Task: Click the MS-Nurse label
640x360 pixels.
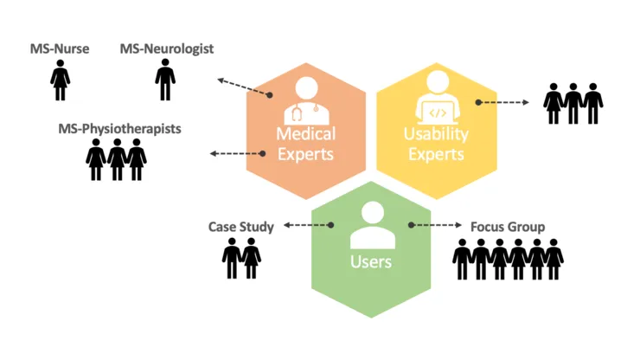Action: coord(61,51)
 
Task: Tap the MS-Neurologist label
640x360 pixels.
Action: coord(167,49)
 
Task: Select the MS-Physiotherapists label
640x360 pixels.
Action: coord(119,128)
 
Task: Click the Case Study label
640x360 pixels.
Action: coord(240,227)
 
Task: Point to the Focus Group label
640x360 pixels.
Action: coord(508,227)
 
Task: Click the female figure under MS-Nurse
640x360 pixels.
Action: coord(61,80)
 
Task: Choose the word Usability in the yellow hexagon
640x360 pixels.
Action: coord(436,134)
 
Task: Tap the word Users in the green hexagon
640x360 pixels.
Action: coord(370,261)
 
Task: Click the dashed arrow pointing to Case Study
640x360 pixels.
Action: coord(310,226)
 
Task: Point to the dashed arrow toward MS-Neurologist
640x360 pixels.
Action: coord(244,87)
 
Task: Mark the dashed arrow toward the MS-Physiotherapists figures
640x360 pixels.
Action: coord(237,154)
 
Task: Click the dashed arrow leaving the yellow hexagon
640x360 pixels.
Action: coord(502,102)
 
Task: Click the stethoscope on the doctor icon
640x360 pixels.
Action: coord(298,112)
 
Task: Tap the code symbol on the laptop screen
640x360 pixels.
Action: coord(438,112)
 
